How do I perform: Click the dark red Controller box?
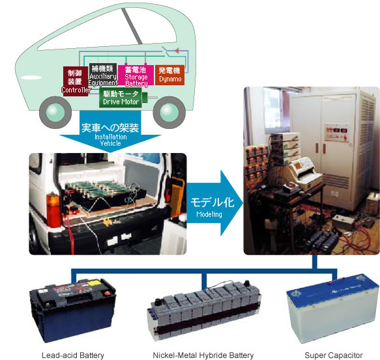click(x=76, y=81)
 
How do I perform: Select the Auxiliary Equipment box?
click(x=103, y=75)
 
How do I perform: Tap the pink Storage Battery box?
click(x=136, y=76)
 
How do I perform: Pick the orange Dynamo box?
click(x=169, y=75)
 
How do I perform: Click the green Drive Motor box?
click(x=121, y=98)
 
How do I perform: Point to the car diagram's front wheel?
click(x=55, y=113)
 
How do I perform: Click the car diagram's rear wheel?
click(x=169, y=113)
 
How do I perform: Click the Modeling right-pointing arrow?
click(x=214, y=203)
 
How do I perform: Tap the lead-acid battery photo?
click(x=73, y=311)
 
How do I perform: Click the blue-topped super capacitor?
click(x=332, y=309)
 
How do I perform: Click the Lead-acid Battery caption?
click(x=73, y=355)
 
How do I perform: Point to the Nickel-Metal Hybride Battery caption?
click(x=203, y=355)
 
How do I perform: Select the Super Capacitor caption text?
click(x=334, y=355)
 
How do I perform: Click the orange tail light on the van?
click(x=53, y=210)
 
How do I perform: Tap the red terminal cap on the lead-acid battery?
click(x=107, y=293)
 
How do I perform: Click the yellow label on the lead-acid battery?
click(x=95, y=283)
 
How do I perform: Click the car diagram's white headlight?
click(x=31, y=77)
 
